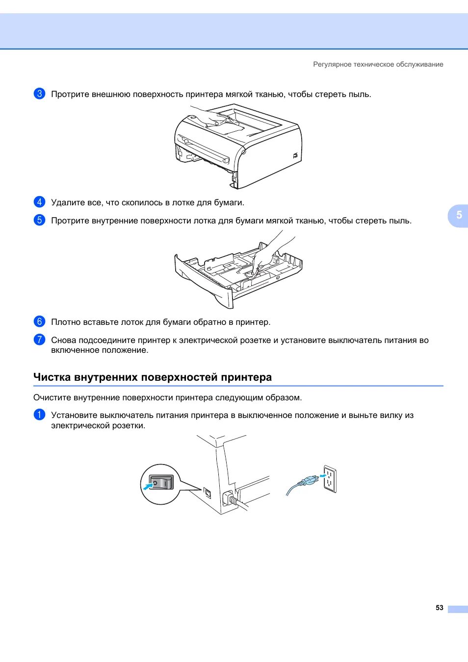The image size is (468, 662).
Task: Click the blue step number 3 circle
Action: pos(39,94)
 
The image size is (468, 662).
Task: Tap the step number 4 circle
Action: pos(39,202)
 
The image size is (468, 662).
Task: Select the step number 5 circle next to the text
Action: pos(39,220)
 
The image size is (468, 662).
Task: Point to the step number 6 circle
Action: pos(39,321)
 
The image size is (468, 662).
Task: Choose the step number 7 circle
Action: pos(39,340)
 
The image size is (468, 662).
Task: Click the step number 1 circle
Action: pos(39,415)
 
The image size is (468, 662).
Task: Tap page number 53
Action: pos(439,608)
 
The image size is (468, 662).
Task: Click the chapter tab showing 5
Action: pos(459,215)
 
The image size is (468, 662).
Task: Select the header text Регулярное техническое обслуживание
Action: pos(378,64)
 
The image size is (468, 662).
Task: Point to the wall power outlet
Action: pos(330,479)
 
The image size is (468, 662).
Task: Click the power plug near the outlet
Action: pos(308,481)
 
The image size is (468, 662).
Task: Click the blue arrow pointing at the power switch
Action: pos(148,486)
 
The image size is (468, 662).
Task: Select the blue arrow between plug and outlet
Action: pos(322,475)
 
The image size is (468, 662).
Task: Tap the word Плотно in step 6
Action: pos(66,322)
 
